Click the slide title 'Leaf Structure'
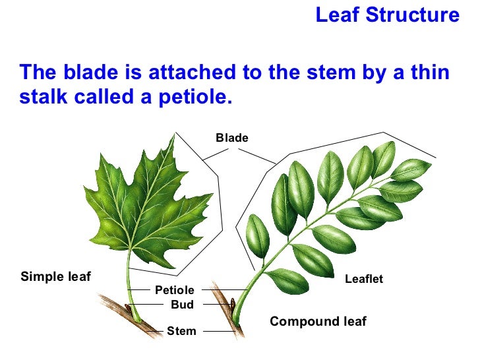point(387,15)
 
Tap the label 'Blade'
point(232,138)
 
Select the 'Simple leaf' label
point(55,276)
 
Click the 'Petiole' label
point(175,290)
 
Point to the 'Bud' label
point(182,305)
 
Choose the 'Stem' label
point(181,331)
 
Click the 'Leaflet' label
point(364,280)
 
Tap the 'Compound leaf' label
point(318,322)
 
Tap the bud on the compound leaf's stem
point(232,305)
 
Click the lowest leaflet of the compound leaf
point(287,281)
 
